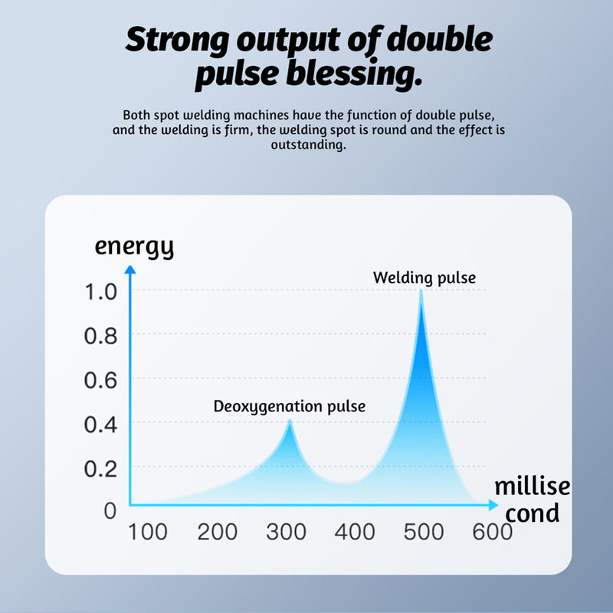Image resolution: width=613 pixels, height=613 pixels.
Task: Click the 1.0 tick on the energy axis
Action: pos(100,292)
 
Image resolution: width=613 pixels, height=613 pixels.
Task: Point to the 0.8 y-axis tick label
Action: pos(100,336)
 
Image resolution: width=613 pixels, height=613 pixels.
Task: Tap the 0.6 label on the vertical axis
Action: pos(100,380)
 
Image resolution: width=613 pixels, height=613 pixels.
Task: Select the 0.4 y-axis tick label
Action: pos(100,424)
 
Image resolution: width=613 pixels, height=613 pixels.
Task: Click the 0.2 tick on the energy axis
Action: pos(100,467)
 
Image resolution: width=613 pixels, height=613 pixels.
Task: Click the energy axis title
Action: pos(134,247)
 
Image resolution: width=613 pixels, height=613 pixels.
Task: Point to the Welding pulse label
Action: pos(424,277)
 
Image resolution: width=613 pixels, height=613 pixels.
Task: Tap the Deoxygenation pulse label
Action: pos(289,406)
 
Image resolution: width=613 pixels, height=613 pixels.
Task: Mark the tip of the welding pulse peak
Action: pos(421,291)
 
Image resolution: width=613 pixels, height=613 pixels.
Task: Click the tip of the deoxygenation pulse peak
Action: pos(289,421)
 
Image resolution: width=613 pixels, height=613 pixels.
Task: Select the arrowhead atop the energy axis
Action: pos(130,269)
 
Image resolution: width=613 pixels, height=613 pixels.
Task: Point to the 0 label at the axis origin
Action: pos(110,510)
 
